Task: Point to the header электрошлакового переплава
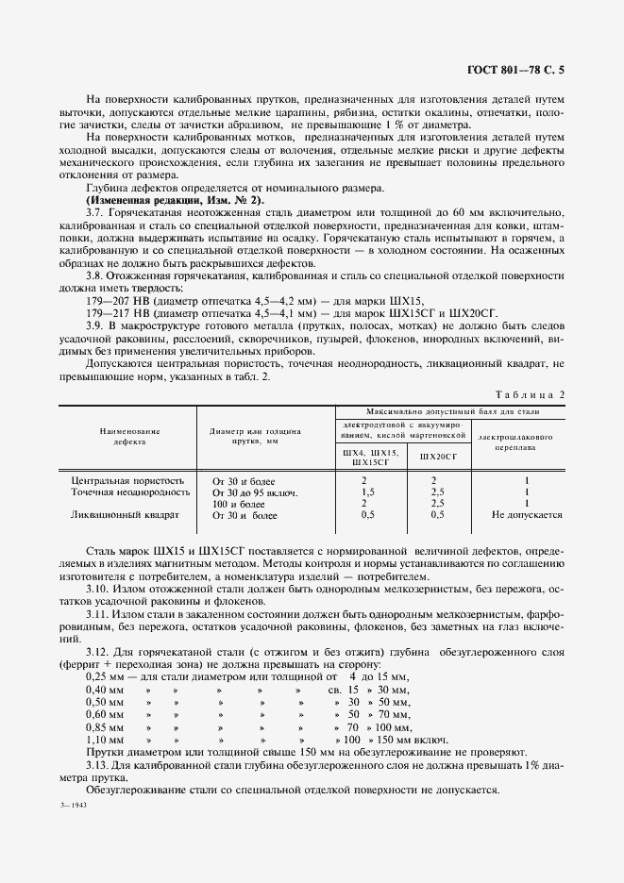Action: pyautogui.click(x=515, y=442)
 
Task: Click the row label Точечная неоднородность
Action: pyautogui.click(x=127, y=492)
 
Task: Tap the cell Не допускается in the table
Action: pyautogui.click(x=527, y=515)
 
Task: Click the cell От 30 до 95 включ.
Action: pyautogui.click(x=255, y=492)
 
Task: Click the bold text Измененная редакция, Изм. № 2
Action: pyautogui.click(x=176, y=201)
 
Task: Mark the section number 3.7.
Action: pyautogui.click(x=95, y=213)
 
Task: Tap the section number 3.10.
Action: pyautogui.click(x=98, y=589)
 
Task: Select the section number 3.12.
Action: pyautogui.click(x=98, y=651)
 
